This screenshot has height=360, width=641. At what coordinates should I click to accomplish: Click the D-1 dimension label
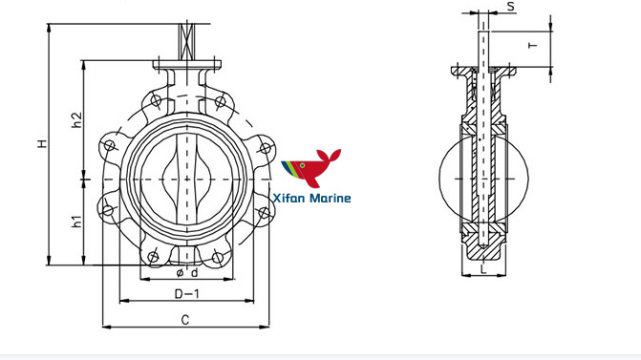point(186,292)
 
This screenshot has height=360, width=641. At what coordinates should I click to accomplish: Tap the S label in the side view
point(511,7)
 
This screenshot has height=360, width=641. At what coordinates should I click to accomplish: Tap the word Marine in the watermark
point(331,199)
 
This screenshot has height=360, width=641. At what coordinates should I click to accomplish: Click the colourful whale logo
point(310,170)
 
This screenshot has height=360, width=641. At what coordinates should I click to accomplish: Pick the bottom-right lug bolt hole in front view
point(221,256)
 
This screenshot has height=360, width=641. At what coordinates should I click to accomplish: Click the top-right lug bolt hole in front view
point(221,100)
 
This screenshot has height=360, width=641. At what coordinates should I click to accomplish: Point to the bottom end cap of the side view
point(485,251)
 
